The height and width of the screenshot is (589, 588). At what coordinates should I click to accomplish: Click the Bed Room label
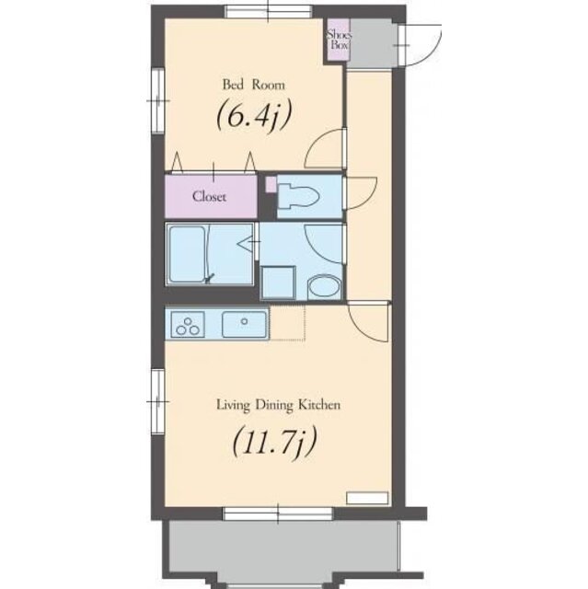tap(254, 84)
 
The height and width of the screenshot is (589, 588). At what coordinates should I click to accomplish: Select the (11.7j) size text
tap(275, 441)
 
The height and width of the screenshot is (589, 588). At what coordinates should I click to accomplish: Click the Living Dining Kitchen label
tap(278, 405)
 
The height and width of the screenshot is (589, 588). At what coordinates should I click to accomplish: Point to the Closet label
tap(209, 196)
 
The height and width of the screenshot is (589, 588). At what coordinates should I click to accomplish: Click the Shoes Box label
tap(339, 39)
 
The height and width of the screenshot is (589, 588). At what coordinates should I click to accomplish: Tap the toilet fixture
tap(298, 196)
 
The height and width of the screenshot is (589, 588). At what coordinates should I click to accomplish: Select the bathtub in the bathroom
tap(187, 254)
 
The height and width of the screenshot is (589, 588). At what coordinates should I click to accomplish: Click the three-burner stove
tap(188, 324)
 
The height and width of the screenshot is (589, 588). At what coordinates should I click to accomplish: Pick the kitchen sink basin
tap(245, 324)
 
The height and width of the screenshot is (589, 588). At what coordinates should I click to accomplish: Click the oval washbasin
tap(324, 287)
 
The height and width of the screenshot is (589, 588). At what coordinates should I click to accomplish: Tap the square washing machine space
tap(278, 283)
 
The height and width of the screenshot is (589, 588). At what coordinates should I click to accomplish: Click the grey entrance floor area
tap(371, 42)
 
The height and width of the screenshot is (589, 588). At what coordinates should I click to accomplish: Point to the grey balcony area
tap(284, 551)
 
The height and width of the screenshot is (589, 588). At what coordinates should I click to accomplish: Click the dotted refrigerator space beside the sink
tap(287, 323)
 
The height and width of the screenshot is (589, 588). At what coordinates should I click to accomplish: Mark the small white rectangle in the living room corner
tap(367, 498)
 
